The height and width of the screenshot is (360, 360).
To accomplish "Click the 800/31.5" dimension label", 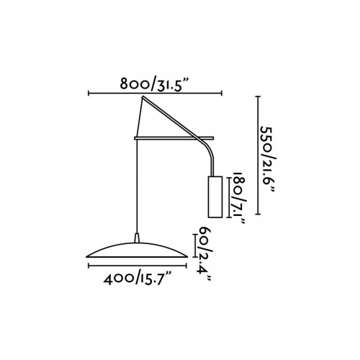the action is [153, 84].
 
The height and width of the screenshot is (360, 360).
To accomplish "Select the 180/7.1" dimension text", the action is [239, 198].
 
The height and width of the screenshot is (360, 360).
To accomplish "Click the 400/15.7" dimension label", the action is [138, 279].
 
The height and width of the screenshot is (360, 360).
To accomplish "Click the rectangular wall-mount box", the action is [215, 197].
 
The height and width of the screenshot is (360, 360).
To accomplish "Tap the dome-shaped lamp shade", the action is [137, 251].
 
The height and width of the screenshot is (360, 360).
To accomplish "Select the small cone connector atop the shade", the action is [137, 238].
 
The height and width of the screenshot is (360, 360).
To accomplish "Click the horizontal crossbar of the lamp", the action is [174, 138].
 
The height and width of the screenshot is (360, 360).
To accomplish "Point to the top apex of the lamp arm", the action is [143, 96].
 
